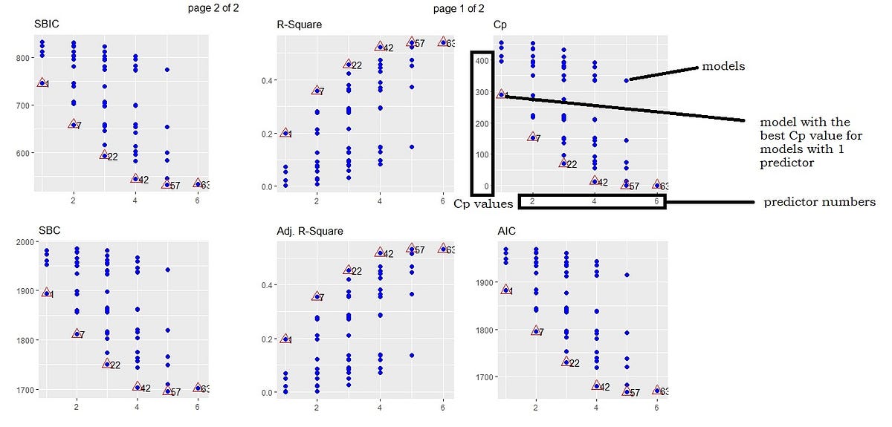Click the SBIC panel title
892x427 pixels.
click(x=46, y=25)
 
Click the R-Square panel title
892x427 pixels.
click(x=299, y=25)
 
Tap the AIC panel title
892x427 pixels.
click(x=507, y=231)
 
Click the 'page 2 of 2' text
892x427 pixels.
click(x=214, y=9)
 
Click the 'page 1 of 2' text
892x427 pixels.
click(x=459, y=9)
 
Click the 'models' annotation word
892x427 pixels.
click(x=723, y=67)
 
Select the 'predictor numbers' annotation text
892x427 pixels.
click(x=819, y=202)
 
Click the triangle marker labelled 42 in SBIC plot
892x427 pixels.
click(x=135, y=179)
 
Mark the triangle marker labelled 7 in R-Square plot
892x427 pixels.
click(x=317, y=91)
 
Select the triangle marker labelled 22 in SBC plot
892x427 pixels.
click(x=106, y=364)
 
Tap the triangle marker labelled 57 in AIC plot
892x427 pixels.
click(x=627, y=391)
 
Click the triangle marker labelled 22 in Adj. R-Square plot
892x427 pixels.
click(x=349, y=270)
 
